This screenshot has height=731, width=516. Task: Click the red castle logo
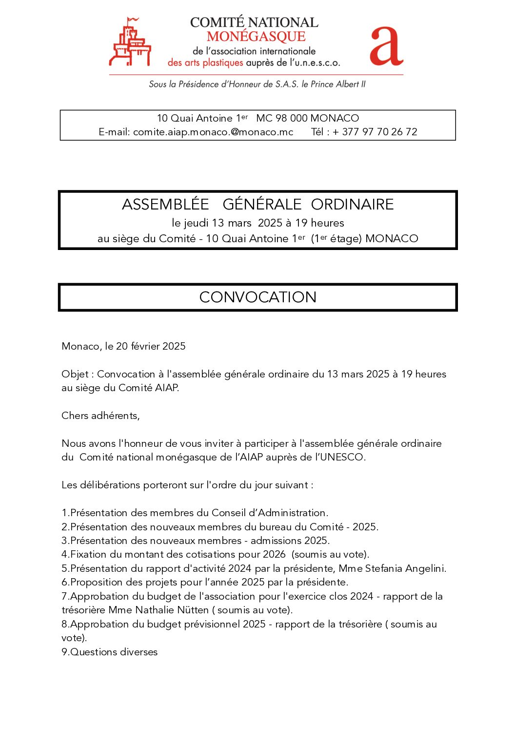tap(129, 43)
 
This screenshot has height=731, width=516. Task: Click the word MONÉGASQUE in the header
tap(256, 37)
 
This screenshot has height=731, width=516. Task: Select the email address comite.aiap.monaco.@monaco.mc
tap(213, 132)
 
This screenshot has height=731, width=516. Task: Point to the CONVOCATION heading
tap(258, 297)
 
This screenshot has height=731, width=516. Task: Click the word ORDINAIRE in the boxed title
tap(352, 204)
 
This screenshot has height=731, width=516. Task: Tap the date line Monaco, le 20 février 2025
tap(123, 346)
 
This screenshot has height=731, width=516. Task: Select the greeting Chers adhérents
tap(100, 416)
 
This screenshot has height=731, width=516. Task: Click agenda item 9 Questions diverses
tap(110, 652)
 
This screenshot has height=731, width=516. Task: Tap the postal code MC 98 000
tap(282, 118)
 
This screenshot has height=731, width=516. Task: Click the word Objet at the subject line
tap(75, 374)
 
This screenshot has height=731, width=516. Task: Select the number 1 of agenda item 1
tap(64, 513)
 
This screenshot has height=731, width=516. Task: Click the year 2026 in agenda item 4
tap(274, 554)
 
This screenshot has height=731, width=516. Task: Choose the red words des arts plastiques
tap(205, 63)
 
